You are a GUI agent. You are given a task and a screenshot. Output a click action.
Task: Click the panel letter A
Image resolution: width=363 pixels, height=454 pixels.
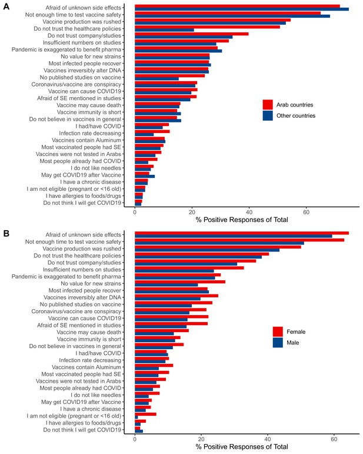6,6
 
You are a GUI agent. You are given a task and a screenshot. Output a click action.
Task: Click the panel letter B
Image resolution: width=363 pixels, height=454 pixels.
6,233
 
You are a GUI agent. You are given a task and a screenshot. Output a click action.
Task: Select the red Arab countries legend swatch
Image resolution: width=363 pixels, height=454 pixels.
268,105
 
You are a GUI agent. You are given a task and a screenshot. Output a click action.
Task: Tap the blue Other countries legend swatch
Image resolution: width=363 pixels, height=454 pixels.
268,115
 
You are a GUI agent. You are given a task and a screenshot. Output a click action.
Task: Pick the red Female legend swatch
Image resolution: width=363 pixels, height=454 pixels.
278,332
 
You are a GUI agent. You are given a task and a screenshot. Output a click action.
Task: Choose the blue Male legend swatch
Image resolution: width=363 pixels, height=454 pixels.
278,343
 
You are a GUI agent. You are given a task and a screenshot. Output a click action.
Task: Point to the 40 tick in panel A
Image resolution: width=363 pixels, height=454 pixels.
249,212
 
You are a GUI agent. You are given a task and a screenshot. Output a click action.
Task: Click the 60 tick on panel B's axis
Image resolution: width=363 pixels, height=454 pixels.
334,439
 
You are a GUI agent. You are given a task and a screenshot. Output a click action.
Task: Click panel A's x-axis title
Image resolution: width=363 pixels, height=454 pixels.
242,220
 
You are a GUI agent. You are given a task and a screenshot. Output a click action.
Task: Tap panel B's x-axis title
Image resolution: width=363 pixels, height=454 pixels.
242,447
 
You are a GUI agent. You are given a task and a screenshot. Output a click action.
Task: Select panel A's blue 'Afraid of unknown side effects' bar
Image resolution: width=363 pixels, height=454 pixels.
242,9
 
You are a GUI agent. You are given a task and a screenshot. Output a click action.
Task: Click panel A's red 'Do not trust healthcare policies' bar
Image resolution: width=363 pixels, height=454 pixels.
208,27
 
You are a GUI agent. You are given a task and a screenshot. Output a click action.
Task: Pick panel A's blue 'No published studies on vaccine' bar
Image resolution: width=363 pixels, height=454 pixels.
156,79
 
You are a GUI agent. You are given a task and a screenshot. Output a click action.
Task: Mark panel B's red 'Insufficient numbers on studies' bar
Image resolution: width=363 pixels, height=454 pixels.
189,268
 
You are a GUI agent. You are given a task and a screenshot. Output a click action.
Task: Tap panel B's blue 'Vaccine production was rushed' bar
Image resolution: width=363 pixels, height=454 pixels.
207,250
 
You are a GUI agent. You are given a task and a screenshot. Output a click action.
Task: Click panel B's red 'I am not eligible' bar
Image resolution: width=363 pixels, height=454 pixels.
146,415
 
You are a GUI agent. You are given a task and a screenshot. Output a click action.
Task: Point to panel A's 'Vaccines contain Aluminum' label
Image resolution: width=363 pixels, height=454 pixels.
86,140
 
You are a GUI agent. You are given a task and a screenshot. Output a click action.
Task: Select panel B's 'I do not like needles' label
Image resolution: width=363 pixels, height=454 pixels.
96,395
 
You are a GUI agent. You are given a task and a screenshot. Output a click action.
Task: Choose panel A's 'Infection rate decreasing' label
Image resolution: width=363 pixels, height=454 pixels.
90,133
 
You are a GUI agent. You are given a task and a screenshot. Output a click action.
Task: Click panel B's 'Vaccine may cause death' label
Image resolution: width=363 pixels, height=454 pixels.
89,332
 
